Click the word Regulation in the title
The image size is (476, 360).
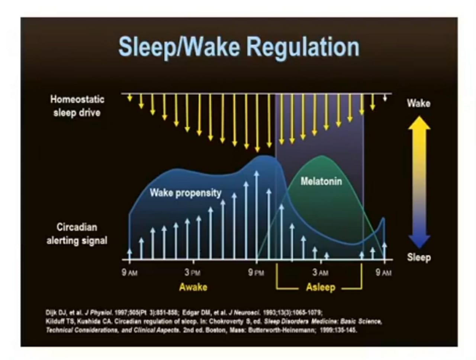(x=303, y=47)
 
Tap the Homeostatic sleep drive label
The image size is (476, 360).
(x=77, y=106)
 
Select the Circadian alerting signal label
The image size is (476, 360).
(x=77, y=234)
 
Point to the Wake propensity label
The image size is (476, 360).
(x=185, y=192)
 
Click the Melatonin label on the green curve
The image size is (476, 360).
(x=321, y=181)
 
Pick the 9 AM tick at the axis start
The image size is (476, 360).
(x=129, y=272)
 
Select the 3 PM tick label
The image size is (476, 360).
(x=192, y=272)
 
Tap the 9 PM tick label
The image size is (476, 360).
(x=256, y=272)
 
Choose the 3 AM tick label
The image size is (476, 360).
(x=320, y=272)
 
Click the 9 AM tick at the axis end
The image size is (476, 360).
(x=383, y=272)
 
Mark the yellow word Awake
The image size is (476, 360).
(x=193, y=287)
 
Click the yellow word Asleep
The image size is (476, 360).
(x=321, y=287)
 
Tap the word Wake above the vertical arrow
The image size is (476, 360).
(x=418, y=103)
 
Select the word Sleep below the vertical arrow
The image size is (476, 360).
(x=419, y=257)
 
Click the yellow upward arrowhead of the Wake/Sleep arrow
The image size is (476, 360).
(x=419, y=123)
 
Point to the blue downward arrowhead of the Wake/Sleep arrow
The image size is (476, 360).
(x=419, y=241)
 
